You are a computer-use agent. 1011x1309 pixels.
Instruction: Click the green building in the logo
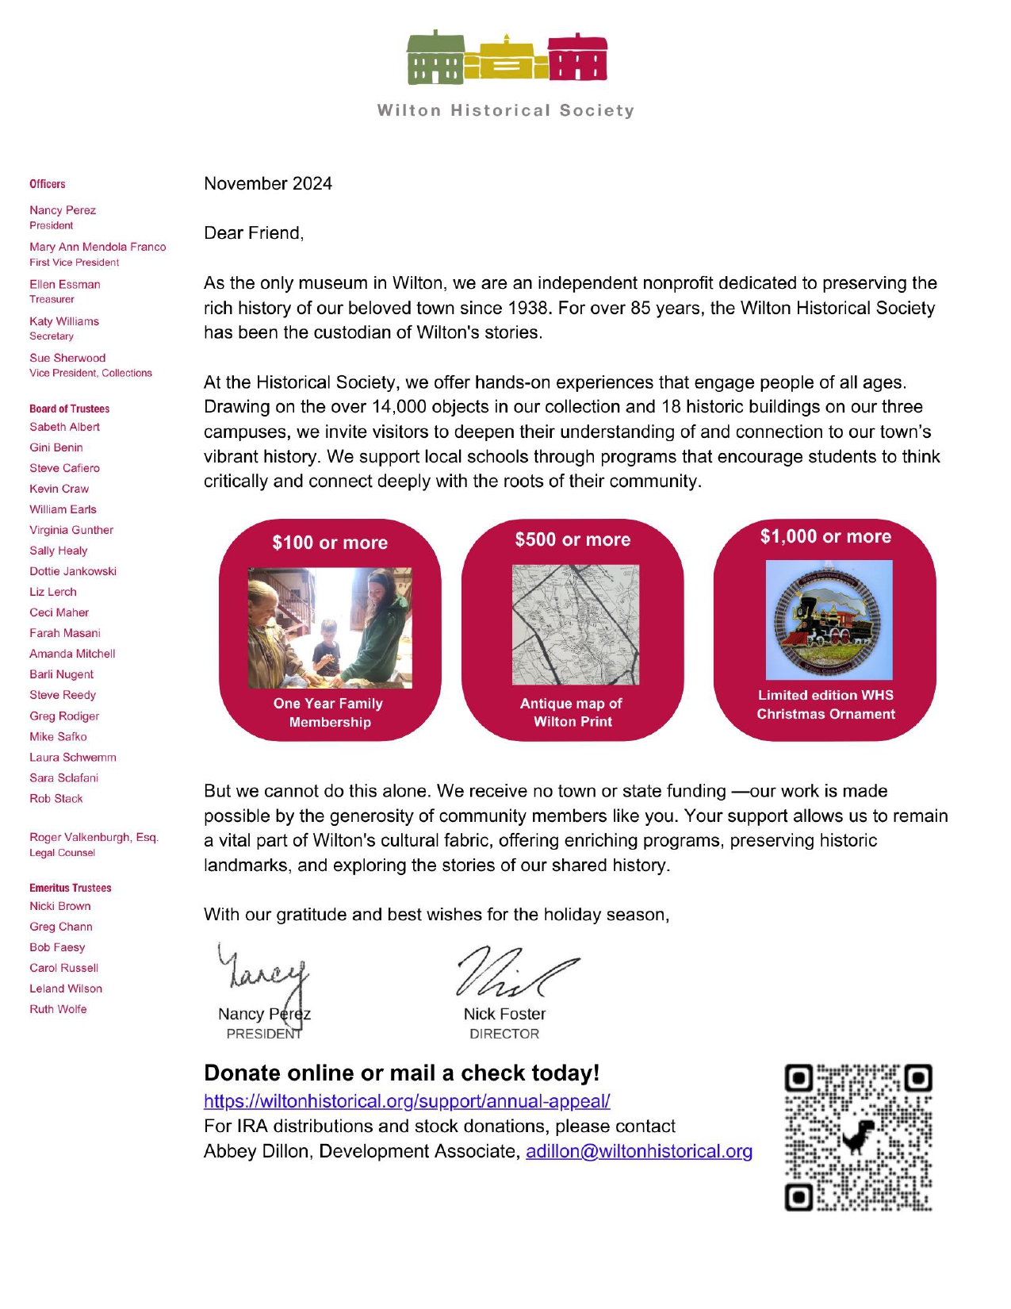[435, 59]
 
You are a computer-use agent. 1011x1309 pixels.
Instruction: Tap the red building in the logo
[577, 59]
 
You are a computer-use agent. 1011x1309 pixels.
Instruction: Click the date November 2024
[268, 184]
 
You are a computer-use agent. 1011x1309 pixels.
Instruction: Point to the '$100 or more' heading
[330, 543]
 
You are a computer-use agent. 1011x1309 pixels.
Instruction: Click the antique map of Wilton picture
[575, 624]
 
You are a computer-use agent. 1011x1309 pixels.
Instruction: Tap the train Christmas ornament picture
[829, 620]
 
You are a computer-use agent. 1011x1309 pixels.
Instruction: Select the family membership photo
[330, 628]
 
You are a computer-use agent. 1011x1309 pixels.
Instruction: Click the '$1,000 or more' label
[825, 537]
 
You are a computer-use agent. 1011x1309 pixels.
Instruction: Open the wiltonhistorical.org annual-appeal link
[407, 1101]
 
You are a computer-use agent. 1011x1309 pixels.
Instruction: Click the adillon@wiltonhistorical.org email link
[639, 1151]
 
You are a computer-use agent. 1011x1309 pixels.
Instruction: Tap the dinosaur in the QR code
[858, 1137]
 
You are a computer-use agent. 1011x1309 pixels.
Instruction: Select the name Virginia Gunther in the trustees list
[71, 530]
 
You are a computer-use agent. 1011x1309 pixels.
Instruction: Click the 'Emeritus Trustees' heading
[71, 888]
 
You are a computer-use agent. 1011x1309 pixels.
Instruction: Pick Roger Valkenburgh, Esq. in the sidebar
[94, 838]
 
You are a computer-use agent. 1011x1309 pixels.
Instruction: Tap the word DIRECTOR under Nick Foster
[504, 1034]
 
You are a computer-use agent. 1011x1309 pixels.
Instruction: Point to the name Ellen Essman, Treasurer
[65, 285]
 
